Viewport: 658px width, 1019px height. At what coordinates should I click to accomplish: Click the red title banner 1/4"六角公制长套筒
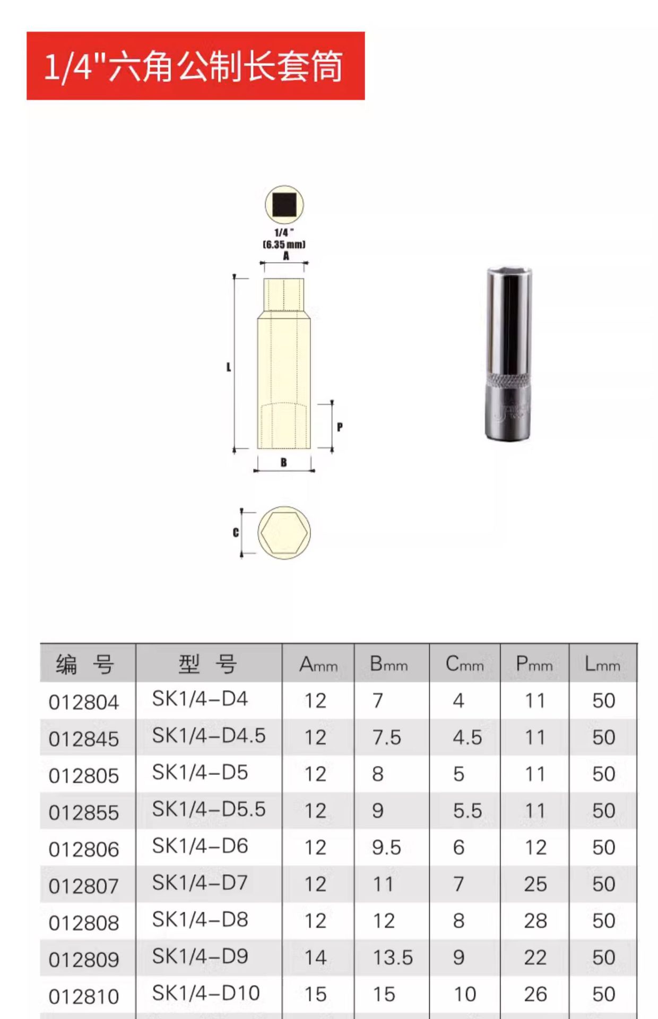pyautogui.click(x=195, y=66)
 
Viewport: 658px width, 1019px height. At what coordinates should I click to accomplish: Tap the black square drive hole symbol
pyautogui.click(x=284, y=205)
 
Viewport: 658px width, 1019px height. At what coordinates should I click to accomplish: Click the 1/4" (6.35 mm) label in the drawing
pyautogui.click(x=284, y=238)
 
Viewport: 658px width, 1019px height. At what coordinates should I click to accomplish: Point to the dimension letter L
pyautogui.click(x=229, y=367)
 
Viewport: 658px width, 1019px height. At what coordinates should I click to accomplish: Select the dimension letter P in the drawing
pyautogui.click(x=340, y=427)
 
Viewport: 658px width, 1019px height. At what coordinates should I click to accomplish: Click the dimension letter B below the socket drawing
pyautogui.click(x=284, y=462)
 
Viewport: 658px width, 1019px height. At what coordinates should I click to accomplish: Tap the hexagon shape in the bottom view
pyautogui.click(x=284, y=532)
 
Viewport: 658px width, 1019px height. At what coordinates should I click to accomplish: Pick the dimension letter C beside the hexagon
pyautogui.click(x=236, y=532)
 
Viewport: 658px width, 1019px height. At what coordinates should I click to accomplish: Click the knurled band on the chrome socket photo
pyautogui.click(x=509, y=380)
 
